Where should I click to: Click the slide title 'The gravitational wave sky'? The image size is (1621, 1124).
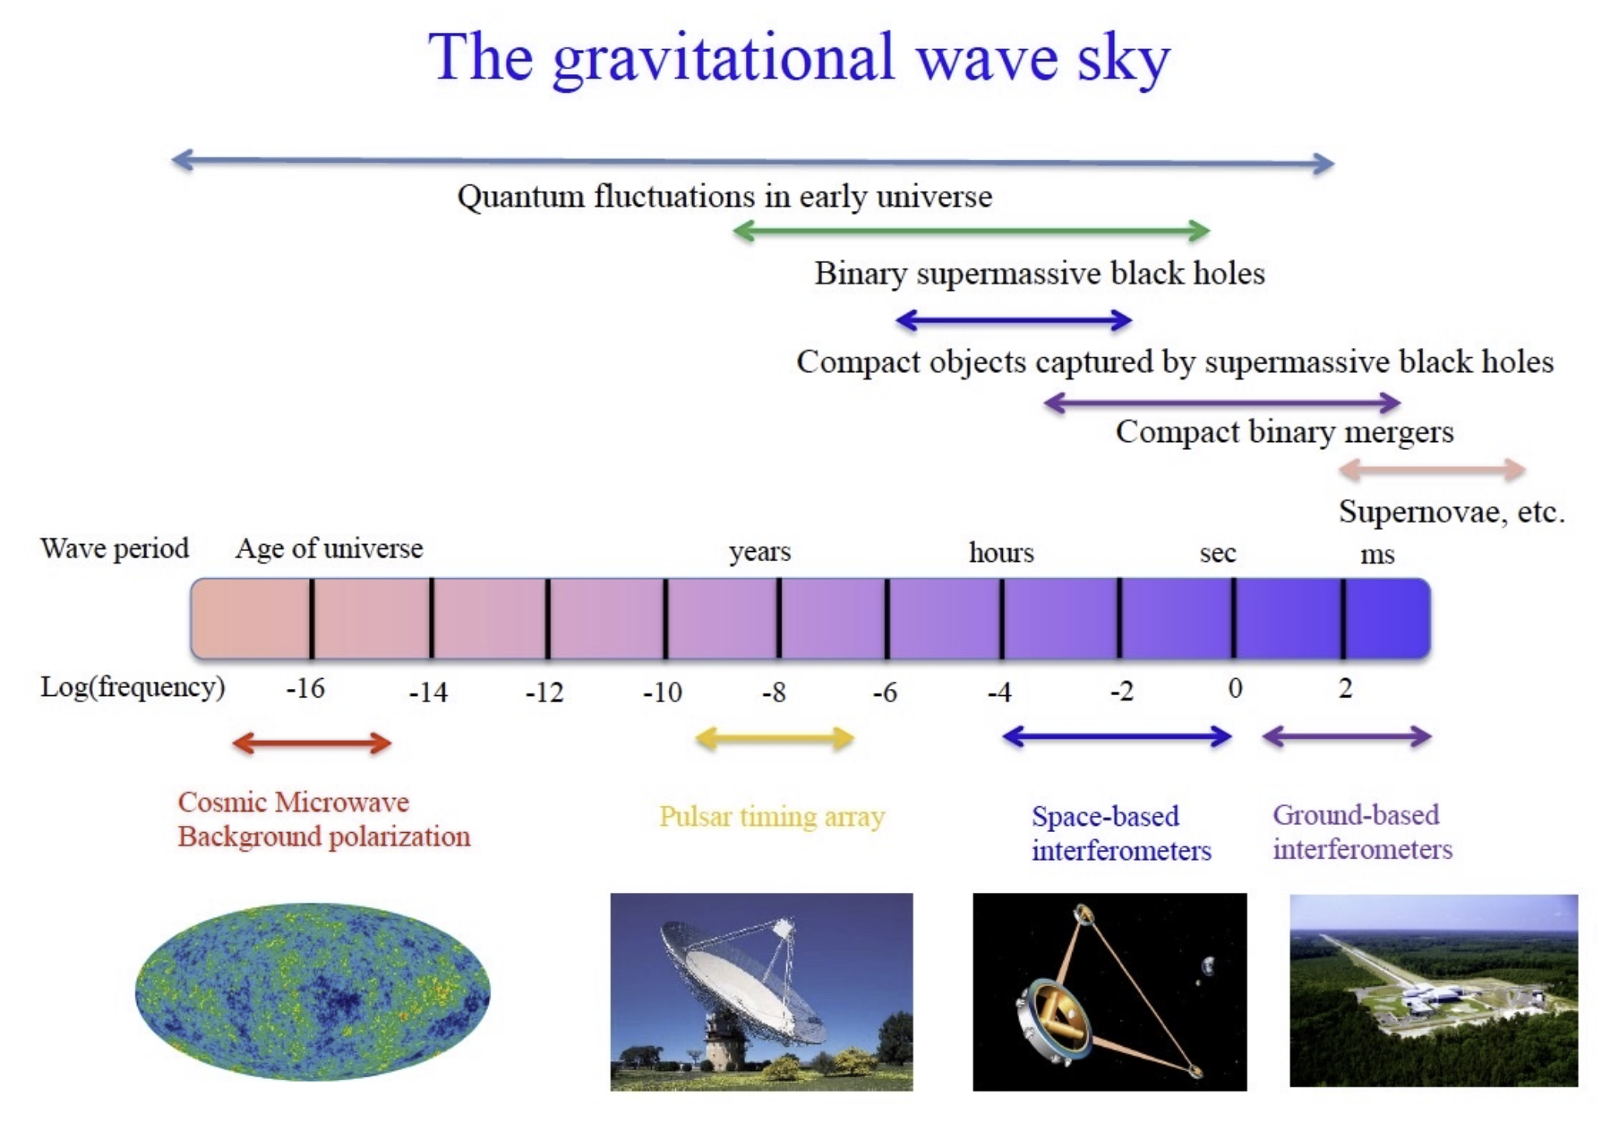[799, 59]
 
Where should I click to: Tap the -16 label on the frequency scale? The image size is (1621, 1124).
[305, 688]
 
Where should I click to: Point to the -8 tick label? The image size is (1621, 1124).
[773, 691]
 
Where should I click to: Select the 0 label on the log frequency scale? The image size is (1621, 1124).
[1235, 688]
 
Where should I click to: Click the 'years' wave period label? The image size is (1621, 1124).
[760, 552]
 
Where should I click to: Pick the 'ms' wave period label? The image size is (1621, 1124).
[1377, 555]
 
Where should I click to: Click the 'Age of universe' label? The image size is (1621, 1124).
[329, 549]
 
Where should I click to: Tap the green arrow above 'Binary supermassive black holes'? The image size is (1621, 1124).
[972, 230]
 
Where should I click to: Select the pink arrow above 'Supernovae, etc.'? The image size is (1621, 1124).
[1432, 469]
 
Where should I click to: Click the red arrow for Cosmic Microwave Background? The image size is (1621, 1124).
[311, 743]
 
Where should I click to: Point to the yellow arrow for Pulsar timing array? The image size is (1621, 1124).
[775, 739]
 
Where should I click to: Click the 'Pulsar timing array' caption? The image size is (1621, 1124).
[772, 817]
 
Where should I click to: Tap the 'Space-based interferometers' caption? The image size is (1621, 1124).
[1121, 833]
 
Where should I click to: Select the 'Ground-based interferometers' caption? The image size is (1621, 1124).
[1363, 831]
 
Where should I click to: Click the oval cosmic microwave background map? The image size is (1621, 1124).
[312, 992]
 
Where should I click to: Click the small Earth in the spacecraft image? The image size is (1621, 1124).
[1208, 966]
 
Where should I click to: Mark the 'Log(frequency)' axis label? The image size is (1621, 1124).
[132, 687]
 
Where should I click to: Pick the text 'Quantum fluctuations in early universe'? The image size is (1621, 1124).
[725, 197]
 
